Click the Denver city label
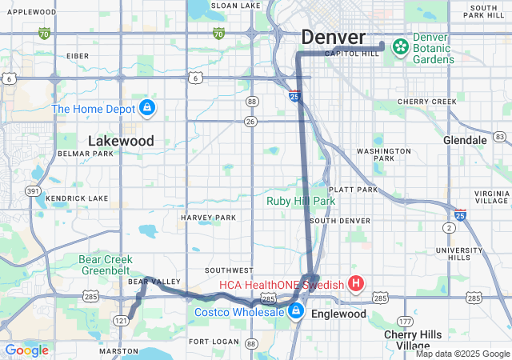[333, 38]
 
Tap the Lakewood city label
[121, 141]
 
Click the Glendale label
[465, 140]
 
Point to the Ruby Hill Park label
[301, 202]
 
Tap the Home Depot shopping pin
[146, 108]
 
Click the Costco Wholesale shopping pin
[296, 310]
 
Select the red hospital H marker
[356, 283]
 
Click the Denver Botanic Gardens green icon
[398, 46]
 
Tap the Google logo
[26, 350]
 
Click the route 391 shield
[33, 191]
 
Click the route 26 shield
[251, 122]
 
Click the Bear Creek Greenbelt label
[112, 264]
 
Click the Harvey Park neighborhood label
[208, 218]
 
